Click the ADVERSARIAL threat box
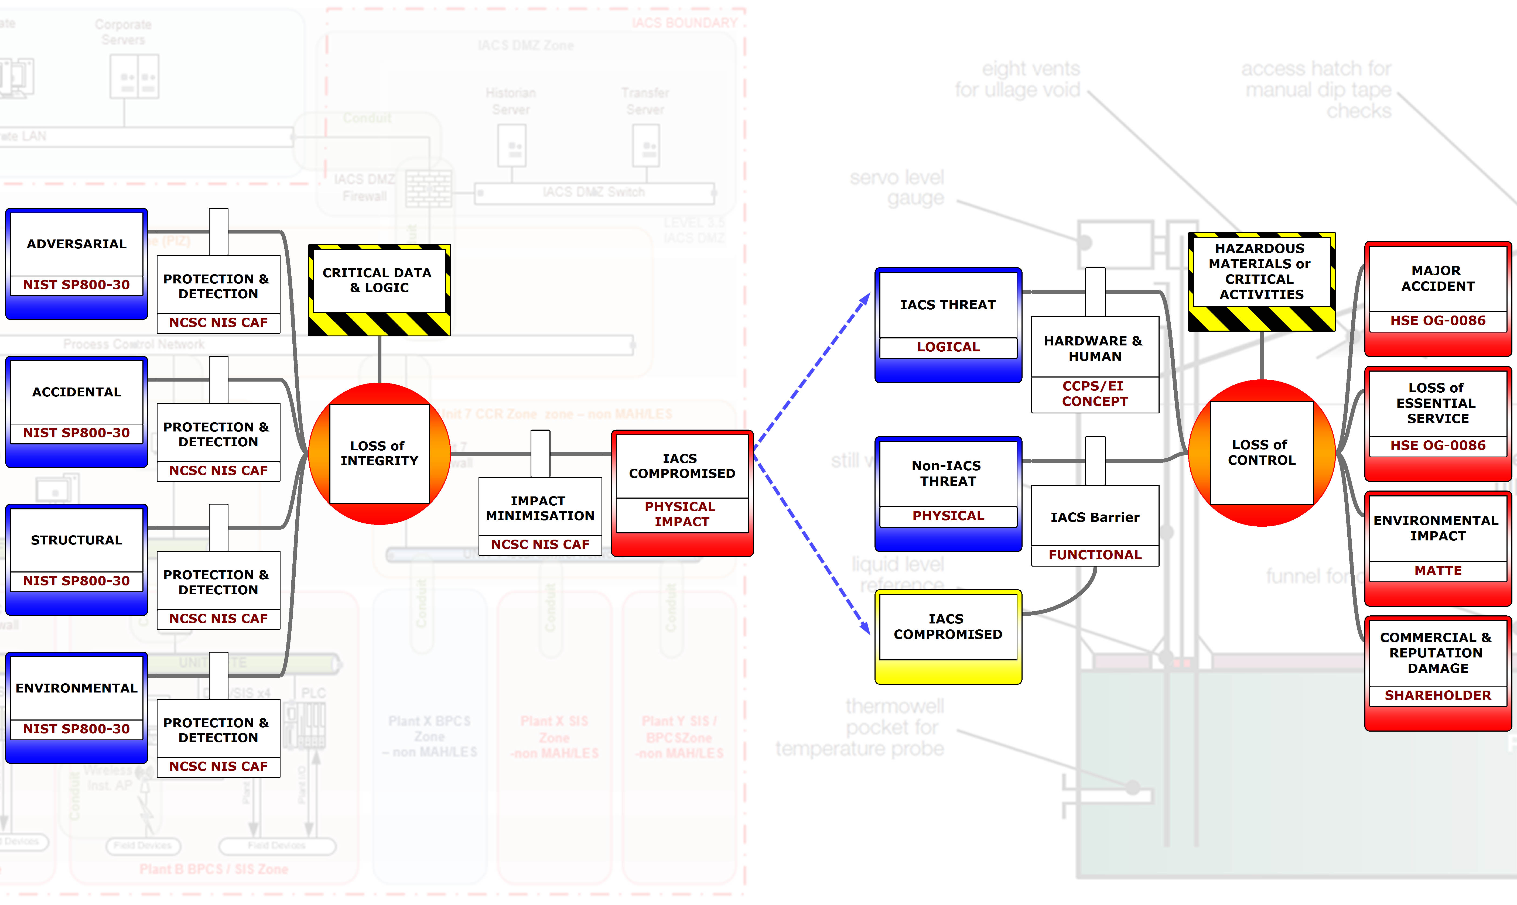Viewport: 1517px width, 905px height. point(76,244)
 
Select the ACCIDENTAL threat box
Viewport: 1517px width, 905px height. point(76,392)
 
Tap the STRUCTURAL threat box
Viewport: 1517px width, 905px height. point(76,540)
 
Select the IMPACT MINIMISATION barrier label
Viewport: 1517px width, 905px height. point(540,508)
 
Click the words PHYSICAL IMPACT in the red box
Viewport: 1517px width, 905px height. point(681,514)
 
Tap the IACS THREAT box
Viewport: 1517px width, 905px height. point(948,305)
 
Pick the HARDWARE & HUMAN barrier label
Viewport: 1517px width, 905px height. point(1094,348)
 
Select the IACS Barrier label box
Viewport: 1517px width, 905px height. point(1094,517)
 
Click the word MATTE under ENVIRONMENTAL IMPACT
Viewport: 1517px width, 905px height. point(1438,571)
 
